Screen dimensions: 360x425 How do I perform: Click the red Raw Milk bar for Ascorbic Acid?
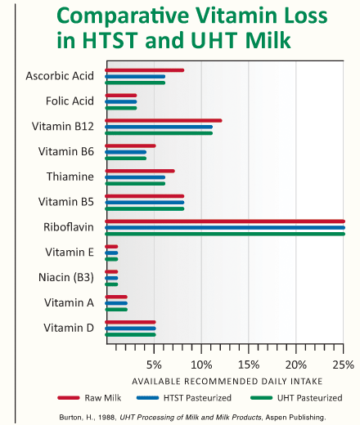pyautogui.click(x=145, y=70)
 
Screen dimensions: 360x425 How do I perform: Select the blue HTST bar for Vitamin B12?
pyautogui.click(x=159, y=127)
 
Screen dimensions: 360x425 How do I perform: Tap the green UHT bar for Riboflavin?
pyautogui.click(x=225, y=234)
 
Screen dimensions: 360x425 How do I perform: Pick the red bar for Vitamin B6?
pyautogui.click(x=130, y=145)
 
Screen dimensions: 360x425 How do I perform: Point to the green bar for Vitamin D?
pyautogui.click(x=130, y=334)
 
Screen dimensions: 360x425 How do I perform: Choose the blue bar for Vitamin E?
pyautogui.click(x=111, y=253)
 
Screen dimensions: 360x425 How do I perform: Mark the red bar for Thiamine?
pyautogui.click(x=140, y=171)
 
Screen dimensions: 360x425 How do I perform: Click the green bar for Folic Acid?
pyautogui.click(x=121, y=108)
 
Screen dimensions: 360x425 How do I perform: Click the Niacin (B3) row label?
pyautogui.click(x=66, y=277)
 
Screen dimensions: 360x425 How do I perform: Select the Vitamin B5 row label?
pyautogui.click(x=66, y=202)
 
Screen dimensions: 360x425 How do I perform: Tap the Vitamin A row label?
pyautogui.click(x=69, y=302)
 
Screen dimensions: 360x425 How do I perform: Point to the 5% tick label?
pyautogui.click(x=154, y=365)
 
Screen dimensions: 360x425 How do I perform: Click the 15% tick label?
pyautogui.click(x=249, y=365)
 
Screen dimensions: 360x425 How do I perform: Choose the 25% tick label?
pyautogui.click(x=343, y=365)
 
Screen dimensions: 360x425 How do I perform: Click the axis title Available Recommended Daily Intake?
pyautogui.click(x=227, y=381)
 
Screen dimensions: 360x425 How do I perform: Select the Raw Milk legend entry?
pyautogui.click(x=89, y=398)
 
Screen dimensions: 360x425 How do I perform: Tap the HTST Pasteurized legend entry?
pyautogui.click(x=184, y=398)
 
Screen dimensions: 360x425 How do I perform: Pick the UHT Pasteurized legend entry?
pyautogui.click(x=296, y=398)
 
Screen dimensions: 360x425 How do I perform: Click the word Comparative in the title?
pyautogui.click(x=123, y=16)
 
